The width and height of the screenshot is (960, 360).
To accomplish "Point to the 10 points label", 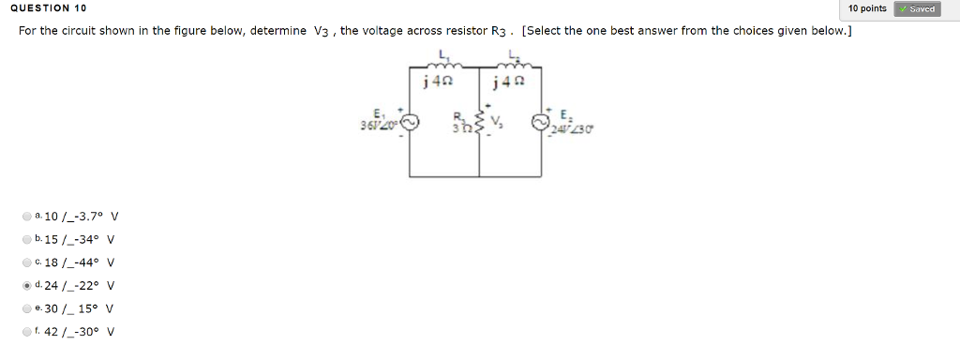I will pos(866,8).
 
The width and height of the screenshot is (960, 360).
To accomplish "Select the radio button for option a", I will pos(26,217).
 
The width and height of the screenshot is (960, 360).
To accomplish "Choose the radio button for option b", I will pos(26,239).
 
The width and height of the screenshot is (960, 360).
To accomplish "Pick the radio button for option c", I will pos(26,262).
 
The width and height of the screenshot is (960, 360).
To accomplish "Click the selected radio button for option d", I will pos(26,285).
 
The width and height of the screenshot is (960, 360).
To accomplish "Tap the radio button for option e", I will pos(26,308).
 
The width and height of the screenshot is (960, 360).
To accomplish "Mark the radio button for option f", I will pos(26,331).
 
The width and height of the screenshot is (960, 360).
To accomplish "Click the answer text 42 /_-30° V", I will pos(80,332).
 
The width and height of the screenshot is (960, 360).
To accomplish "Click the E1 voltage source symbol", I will pos(409,123).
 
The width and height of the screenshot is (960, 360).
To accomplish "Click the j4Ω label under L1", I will pos(439,82).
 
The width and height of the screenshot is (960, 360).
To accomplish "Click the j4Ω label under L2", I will pos(510,82).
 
